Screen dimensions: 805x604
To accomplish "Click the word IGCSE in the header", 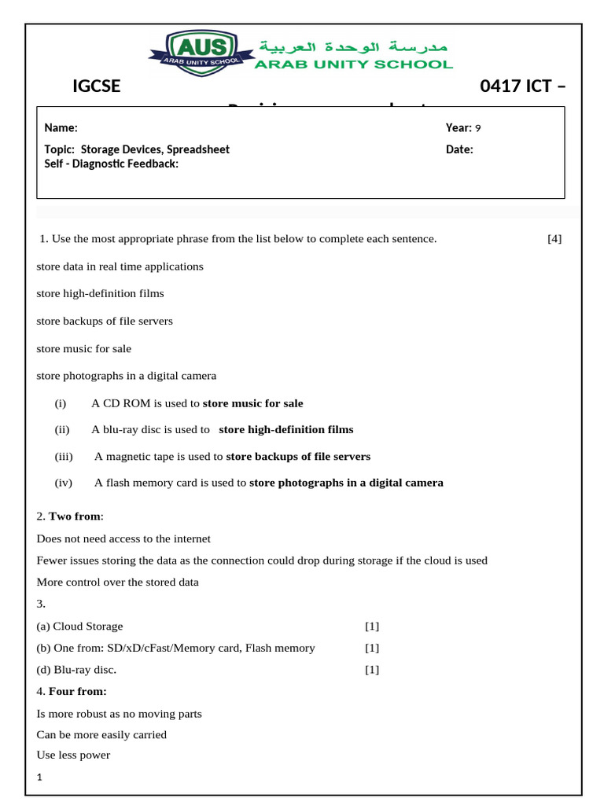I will pos(96,86).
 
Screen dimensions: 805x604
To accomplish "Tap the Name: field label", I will pos(61,128).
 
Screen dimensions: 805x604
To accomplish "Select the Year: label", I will pos(458,128).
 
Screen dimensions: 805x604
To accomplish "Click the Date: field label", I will pos(459,149).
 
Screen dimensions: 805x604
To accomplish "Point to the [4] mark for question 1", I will pos(554,239).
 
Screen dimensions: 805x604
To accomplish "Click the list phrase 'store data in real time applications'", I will pos(120,266).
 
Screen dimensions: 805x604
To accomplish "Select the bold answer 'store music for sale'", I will pos(252,403).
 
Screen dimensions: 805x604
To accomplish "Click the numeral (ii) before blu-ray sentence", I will pos(62,430).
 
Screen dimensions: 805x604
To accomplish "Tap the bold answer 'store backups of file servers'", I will pos(298,457).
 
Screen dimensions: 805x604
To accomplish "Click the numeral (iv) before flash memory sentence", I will pos(63,483).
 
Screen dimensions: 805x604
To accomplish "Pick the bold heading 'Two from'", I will pos(75,516).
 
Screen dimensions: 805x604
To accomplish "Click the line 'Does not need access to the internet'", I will pos(123,539).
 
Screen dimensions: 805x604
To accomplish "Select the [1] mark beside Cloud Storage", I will pos(372,627).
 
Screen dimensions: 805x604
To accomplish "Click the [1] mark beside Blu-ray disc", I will pos(372,670).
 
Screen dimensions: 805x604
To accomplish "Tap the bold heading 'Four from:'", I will pos(77,692).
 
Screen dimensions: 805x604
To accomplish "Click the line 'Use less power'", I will pos(73,755).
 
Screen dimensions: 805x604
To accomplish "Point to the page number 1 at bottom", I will pos(39,778).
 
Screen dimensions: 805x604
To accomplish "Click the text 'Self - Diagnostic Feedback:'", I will pos(111,164).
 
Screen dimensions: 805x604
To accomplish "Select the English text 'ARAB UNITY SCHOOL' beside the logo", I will pos(353,64).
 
